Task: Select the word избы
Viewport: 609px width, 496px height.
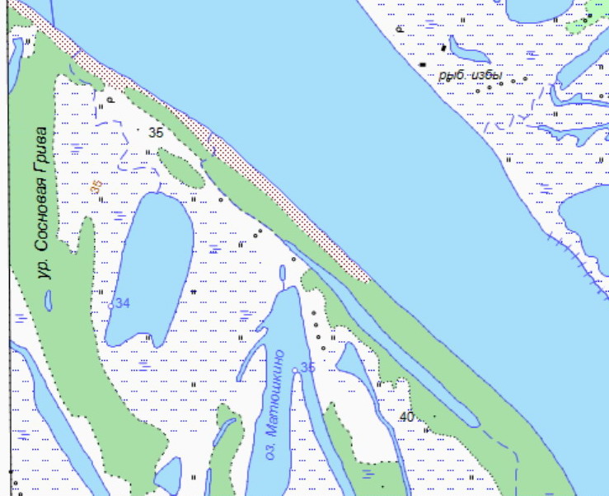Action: [488, 75]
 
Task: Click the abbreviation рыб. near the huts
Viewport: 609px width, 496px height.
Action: [452, 75]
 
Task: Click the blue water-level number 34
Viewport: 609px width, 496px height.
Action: [124, 303]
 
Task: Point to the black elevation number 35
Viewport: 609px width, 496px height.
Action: [156, 132]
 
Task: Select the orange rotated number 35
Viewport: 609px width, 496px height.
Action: [96, 187]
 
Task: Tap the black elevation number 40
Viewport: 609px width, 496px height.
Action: [406, 418]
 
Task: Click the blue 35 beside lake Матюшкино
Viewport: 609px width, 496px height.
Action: [308, 367]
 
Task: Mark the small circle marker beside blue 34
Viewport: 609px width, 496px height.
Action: [110, 305]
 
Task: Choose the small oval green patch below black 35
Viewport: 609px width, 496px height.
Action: [180, 167]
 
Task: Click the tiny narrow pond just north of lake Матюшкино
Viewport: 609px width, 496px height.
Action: [283, 273]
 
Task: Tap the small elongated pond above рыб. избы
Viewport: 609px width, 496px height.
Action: [467, 50]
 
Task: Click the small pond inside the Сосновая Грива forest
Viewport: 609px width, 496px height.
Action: [49, 301]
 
